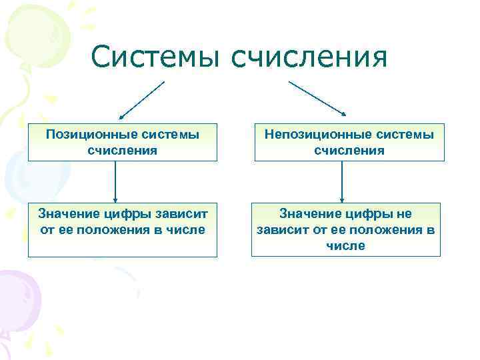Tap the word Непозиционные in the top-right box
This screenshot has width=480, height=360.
[x=311, y=135]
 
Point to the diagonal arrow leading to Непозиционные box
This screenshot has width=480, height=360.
[x=317, y=100]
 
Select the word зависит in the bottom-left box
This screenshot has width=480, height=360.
[x=184, y=214]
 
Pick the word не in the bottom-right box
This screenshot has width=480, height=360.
[x=403, y=214]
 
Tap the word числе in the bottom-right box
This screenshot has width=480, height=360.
[x=345, y=246]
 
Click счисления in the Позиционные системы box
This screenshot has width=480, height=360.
[x=122, y=150]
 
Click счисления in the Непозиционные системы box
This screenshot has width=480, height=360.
[x=349, y=150]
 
